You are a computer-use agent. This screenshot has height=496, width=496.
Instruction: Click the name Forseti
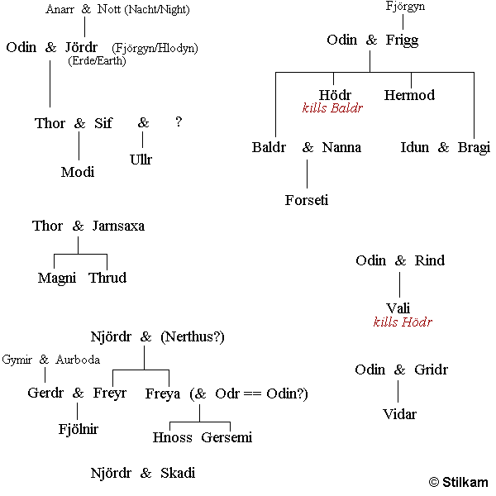click(x=307, y=200)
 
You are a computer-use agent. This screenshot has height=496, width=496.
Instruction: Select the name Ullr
click(x=141, y=160)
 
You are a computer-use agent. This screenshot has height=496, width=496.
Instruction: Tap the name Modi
click(x=78, y=172)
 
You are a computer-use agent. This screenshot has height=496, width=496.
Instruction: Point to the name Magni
click(x=57, y=278)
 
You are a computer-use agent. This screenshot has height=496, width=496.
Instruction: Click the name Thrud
click(x=107, y=278)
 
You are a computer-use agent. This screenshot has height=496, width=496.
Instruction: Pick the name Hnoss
click(x=172, y=437)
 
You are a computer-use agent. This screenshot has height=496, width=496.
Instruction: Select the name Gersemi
click(x=227, y=437)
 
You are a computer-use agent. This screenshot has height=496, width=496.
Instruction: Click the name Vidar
click(x=399, y=414)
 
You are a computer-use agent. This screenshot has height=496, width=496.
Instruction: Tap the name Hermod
click(x=409, y=95)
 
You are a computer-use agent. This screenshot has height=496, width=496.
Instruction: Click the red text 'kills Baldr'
click(x=332, y=108)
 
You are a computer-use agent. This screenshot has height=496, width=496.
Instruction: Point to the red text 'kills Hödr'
click(x=403, y=322)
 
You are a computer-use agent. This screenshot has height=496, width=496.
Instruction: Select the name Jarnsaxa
click(x=118, y=226)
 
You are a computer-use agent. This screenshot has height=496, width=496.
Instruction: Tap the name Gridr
click(x=431, y=370)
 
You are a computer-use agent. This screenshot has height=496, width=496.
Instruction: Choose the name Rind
click(x=430, y=260)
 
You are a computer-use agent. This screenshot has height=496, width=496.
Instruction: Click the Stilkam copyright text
click(x=458, y=482)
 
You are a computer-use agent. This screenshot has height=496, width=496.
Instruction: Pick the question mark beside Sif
click(x=179, y=122)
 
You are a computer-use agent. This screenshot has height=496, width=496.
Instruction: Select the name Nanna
click(x=341, y=147)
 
